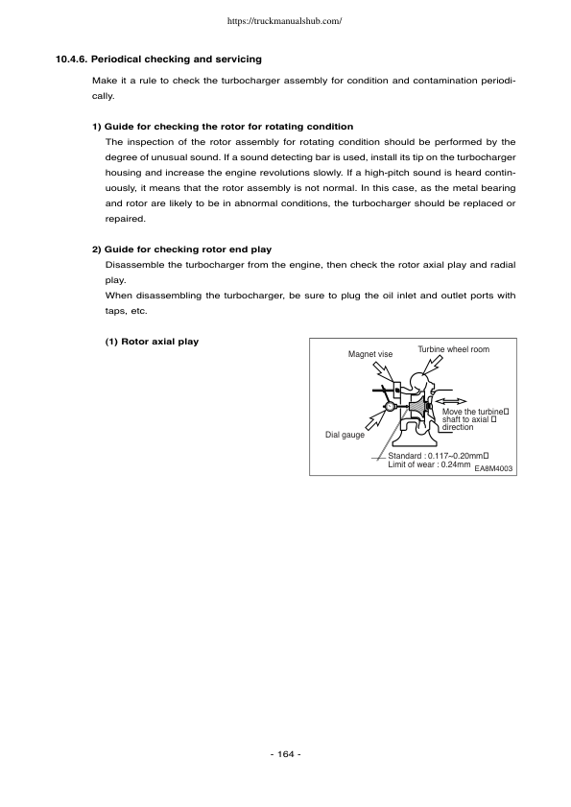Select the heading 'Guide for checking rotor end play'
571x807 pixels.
183,250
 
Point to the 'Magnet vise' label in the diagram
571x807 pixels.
369,354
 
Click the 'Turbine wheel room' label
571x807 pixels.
453,349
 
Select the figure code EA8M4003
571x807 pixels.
493,468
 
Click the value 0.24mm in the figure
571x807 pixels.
453,464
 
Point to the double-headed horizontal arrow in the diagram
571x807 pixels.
450,400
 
